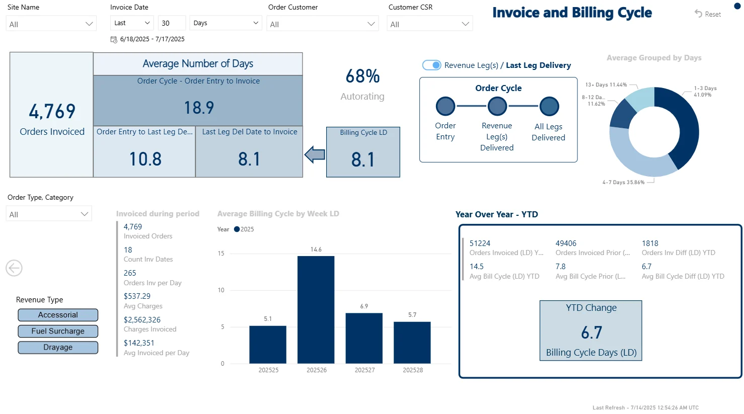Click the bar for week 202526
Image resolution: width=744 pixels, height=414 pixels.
(x=316, y=309)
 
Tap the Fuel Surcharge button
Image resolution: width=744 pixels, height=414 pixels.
(x=58, y=331)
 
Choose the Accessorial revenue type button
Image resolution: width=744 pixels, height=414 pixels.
(x=58, y=315)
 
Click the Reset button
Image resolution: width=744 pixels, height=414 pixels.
(x=708, y=14)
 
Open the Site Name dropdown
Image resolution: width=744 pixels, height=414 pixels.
(x=51, y=24)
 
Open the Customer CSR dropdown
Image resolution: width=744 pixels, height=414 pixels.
(x=429, y=24)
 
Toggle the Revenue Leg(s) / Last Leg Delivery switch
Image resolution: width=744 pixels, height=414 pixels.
(x=431, y=65)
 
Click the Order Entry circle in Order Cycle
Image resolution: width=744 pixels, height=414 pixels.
(x=445, y=106)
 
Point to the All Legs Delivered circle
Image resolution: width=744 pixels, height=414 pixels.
(x=549, y=106)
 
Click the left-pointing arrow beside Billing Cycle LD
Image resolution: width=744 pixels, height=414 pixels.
(x=315, y=154)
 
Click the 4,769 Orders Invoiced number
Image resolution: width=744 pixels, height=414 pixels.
(x=52, y=111)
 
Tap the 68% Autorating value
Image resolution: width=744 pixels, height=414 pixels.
(x=362, y=76)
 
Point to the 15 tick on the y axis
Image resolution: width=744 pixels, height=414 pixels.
(x=221, y=254)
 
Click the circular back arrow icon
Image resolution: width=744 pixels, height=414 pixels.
(x=14, y=268)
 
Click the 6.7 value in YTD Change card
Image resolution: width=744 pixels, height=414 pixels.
(x=591, y=333)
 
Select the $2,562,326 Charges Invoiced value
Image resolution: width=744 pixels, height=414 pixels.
(x=142, y=320)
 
